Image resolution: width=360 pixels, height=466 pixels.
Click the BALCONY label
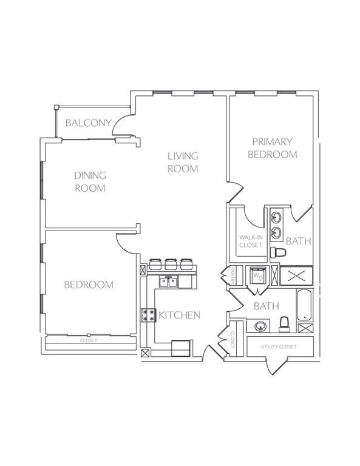point(88,123)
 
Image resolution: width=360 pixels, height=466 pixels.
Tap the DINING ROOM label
point(90,181)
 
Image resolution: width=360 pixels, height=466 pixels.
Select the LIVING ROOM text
point(183,162)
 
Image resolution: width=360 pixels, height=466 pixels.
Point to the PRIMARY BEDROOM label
point(273,148)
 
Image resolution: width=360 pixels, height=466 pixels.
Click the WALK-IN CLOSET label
point(251,241)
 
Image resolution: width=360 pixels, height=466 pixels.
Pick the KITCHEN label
point(180,315)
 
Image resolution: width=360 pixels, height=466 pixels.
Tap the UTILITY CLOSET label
point(279,347)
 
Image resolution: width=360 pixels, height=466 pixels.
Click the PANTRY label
point(233,275)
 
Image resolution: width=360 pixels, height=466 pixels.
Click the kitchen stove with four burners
point(148,316)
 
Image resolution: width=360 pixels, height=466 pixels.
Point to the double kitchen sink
point(169,282)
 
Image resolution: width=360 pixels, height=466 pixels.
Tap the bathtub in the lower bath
point(304,305)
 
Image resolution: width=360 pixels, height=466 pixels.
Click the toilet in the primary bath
point(278,252)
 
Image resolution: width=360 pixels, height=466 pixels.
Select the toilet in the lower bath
point(285,324)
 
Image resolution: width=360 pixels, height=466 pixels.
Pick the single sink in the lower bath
point(260,326)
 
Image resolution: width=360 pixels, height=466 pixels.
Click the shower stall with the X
point(296,276)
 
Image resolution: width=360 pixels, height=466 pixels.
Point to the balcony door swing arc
point(120,123)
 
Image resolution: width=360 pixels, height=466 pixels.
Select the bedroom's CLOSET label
point(89,340)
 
